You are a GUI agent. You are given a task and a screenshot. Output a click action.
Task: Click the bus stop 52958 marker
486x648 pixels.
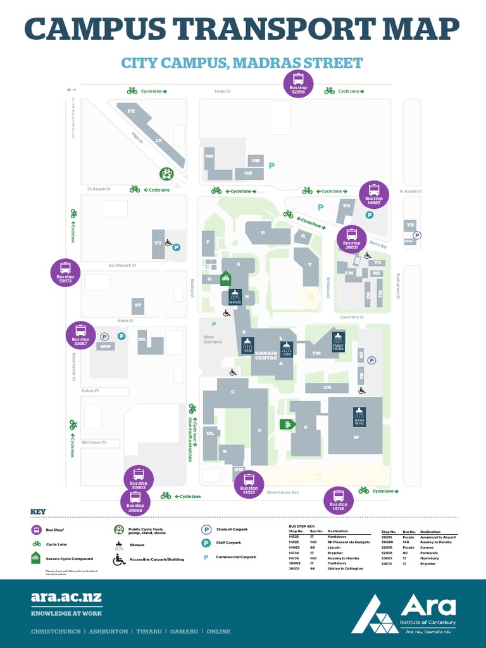coord(298,83)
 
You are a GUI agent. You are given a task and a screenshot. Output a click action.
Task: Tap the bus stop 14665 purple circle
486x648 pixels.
coord(373,194)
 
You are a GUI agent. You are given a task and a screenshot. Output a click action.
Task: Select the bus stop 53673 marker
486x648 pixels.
coord(65,272)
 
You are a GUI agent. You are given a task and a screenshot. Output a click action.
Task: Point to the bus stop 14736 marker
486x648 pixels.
coord(339,500)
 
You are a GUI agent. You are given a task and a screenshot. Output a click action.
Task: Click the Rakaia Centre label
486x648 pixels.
coord(266,356)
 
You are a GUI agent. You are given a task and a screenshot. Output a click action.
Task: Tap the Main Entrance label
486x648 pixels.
coord(213,339)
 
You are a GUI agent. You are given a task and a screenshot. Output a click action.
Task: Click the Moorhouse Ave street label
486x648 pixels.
coord(282,492)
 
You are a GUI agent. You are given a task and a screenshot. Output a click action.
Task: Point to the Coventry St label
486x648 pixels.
coord(352,317)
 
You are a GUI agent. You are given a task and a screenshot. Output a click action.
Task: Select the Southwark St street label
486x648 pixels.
coord(122,265)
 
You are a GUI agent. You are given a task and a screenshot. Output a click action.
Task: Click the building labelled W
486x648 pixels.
coord(356,438)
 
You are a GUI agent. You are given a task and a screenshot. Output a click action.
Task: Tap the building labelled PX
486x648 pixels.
coord(132,111)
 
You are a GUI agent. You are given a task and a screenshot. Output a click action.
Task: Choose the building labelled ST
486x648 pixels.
coord(138,305)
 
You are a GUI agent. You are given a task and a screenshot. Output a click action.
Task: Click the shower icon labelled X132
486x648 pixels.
coord(248,346)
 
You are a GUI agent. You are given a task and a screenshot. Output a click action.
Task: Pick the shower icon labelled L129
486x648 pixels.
coord(287,349)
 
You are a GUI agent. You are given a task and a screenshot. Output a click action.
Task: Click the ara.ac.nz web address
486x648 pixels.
coord(66,597)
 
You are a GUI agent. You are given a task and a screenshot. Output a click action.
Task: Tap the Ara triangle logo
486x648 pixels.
coord(375,613)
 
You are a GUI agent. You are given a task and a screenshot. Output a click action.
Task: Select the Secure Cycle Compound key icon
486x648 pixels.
coord(36,558)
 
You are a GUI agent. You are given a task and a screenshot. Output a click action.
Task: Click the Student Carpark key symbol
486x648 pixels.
coord(206,530)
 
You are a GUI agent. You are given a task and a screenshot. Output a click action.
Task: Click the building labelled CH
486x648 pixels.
coord(327,387)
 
